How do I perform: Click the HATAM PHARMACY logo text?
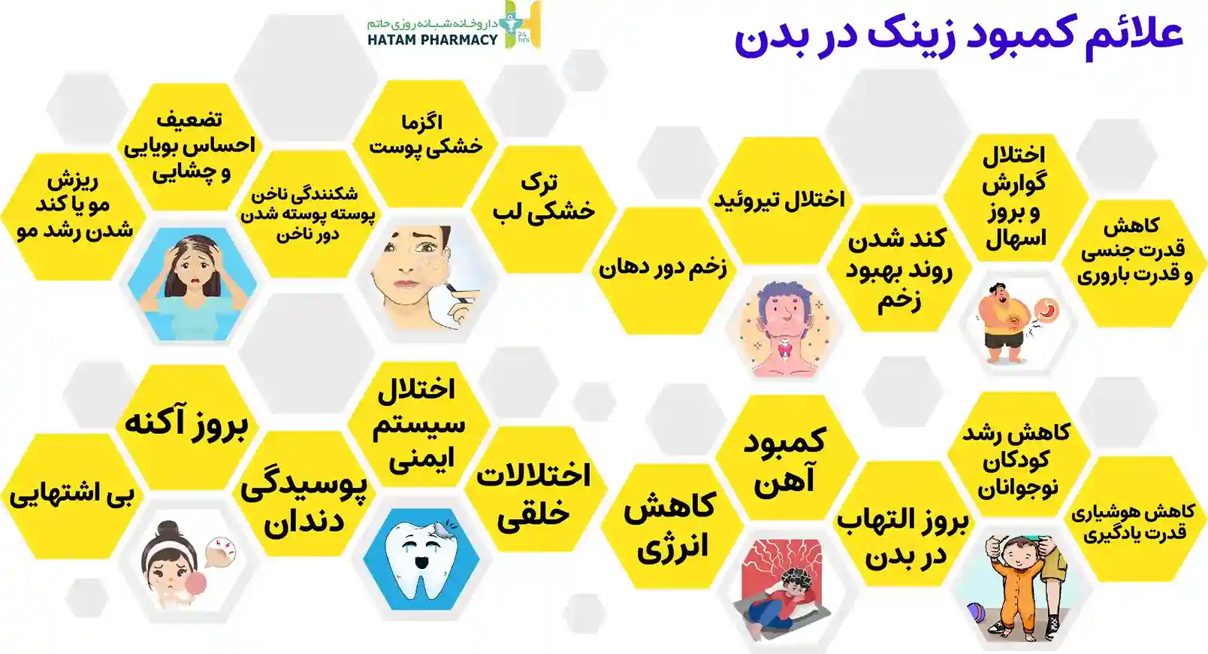tap(433, 39)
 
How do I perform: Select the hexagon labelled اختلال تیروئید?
tap(780, 200)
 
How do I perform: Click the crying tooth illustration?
tap(421, 559)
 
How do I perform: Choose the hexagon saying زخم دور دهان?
tap(663, 271)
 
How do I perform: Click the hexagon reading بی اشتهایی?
tap(71, 496)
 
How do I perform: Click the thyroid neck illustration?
tap(784, 329)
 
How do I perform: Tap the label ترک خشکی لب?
tap(543, 198)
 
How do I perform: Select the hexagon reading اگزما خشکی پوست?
tap(425, 144)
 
